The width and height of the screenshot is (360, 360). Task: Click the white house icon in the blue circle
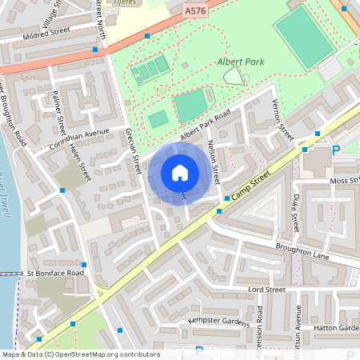click(180, 173)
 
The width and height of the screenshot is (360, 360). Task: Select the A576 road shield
click(194, 11)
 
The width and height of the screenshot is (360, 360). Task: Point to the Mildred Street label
click(46, 33)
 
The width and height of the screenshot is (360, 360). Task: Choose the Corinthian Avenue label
click(79, 134)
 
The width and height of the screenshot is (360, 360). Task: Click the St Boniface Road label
click(54, 274)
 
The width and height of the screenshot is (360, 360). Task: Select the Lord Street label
click(266, 289)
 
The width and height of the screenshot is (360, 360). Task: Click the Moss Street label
click(345, 182)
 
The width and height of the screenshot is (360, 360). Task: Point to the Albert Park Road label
click(205, 127)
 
